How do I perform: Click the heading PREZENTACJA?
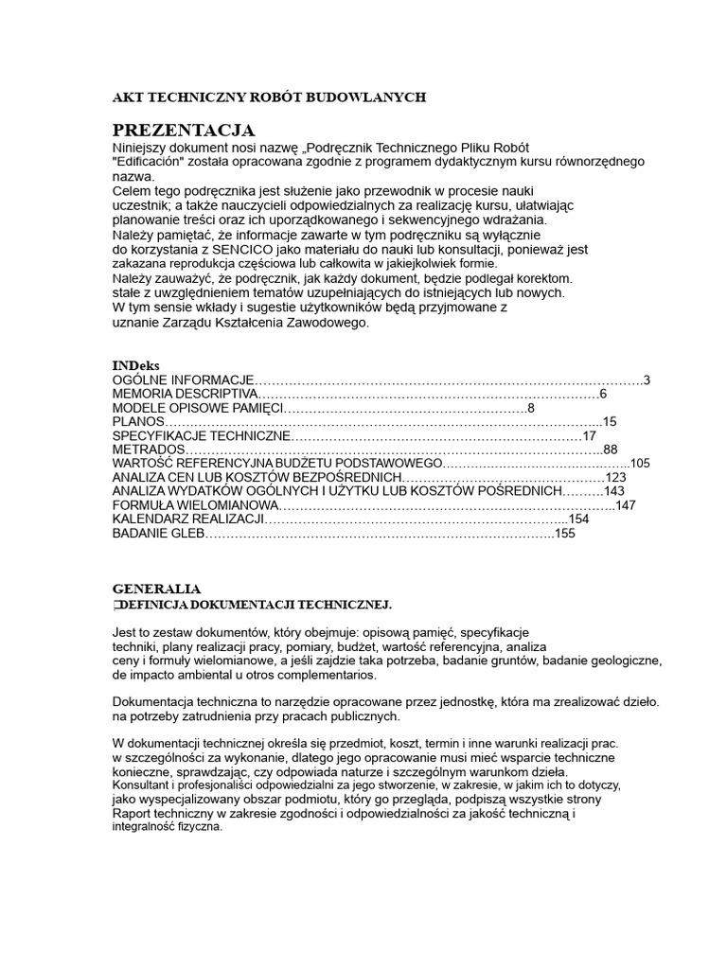[x=184, y=130]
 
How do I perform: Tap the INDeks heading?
[x=136, y=364]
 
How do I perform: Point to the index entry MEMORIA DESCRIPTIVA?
[x=185, y=395]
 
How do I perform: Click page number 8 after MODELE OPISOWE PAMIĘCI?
[x=531, y=408]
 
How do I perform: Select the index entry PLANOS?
[x=138, y=422]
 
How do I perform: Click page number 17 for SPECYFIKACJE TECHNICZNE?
[x=590, y=436]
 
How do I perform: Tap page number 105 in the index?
[x=640, y=464]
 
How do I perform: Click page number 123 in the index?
[x=616, y=478]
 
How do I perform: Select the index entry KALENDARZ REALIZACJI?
[x=187, y=520]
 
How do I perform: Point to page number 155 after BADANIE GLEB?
[x=565, y=534]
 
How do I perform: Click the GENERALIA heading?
[x=156, y=589]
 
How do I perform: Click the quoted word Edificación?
[x=152, y=161]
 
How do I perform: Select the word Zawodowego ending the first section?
[x=321, y=323]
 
